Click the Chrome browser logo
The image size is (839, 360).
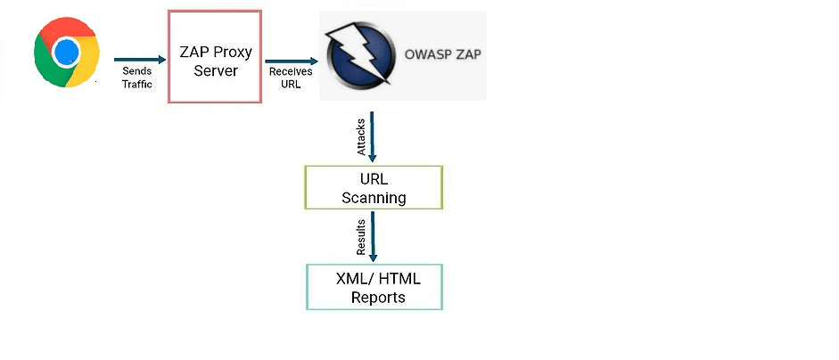[67, 54]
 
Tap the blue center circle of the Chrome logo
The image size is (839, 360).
[67, 53]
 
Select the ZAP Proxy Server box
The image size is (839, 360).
[215, 57]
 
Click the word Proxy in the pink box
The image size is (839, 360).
[233, 53]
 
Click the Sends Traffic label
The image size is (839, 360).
[137, 77]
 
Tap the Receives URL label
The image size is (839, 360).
[289, 78]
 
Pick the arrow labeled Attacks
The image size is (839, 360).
[372, 137]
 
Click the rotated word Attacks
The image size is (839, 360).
[361, 139]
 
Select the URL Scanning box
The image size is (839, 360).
[374, 188]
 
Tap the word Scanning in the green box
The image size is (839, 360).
[374, 198]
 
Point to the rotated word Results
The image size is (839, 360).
[361, 239]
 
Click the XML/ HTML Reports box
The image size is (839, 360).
[374, 287]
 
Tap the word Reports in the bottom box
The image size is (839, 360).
[378, 298]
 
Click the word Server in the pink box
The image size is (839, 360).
[216, 70]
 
